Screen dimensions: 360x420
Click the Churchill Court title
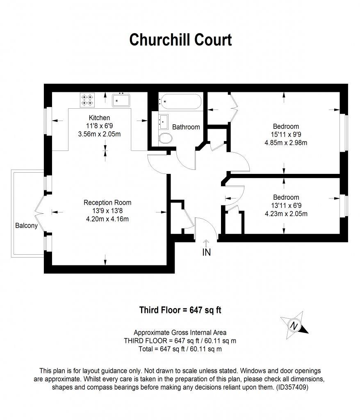(180, 40)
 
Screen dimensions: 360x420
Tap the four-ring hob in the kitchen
(87, 100)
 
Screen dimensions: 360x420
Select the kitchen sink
(121, 100)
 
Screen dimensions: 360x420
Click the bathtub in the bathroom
(180, 101)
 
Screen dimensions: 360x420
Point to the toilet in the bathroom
(165, 138)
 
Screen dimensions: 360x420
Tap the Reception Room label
(107, 202)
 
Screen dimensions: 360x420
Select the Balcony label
(26, 226)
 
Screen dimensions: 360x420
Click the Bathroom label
(186, 127)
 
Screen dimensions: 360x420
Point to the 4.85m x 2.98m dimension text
(286, 143)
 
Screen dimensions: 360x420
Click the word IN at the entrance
(206, 253)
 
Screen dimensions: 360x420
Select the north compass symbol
(294, 326)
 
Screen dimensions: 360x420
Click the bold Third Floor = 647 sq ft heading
(180, 310)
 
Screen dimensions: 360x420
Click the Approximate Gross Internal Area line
(180, 333)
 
